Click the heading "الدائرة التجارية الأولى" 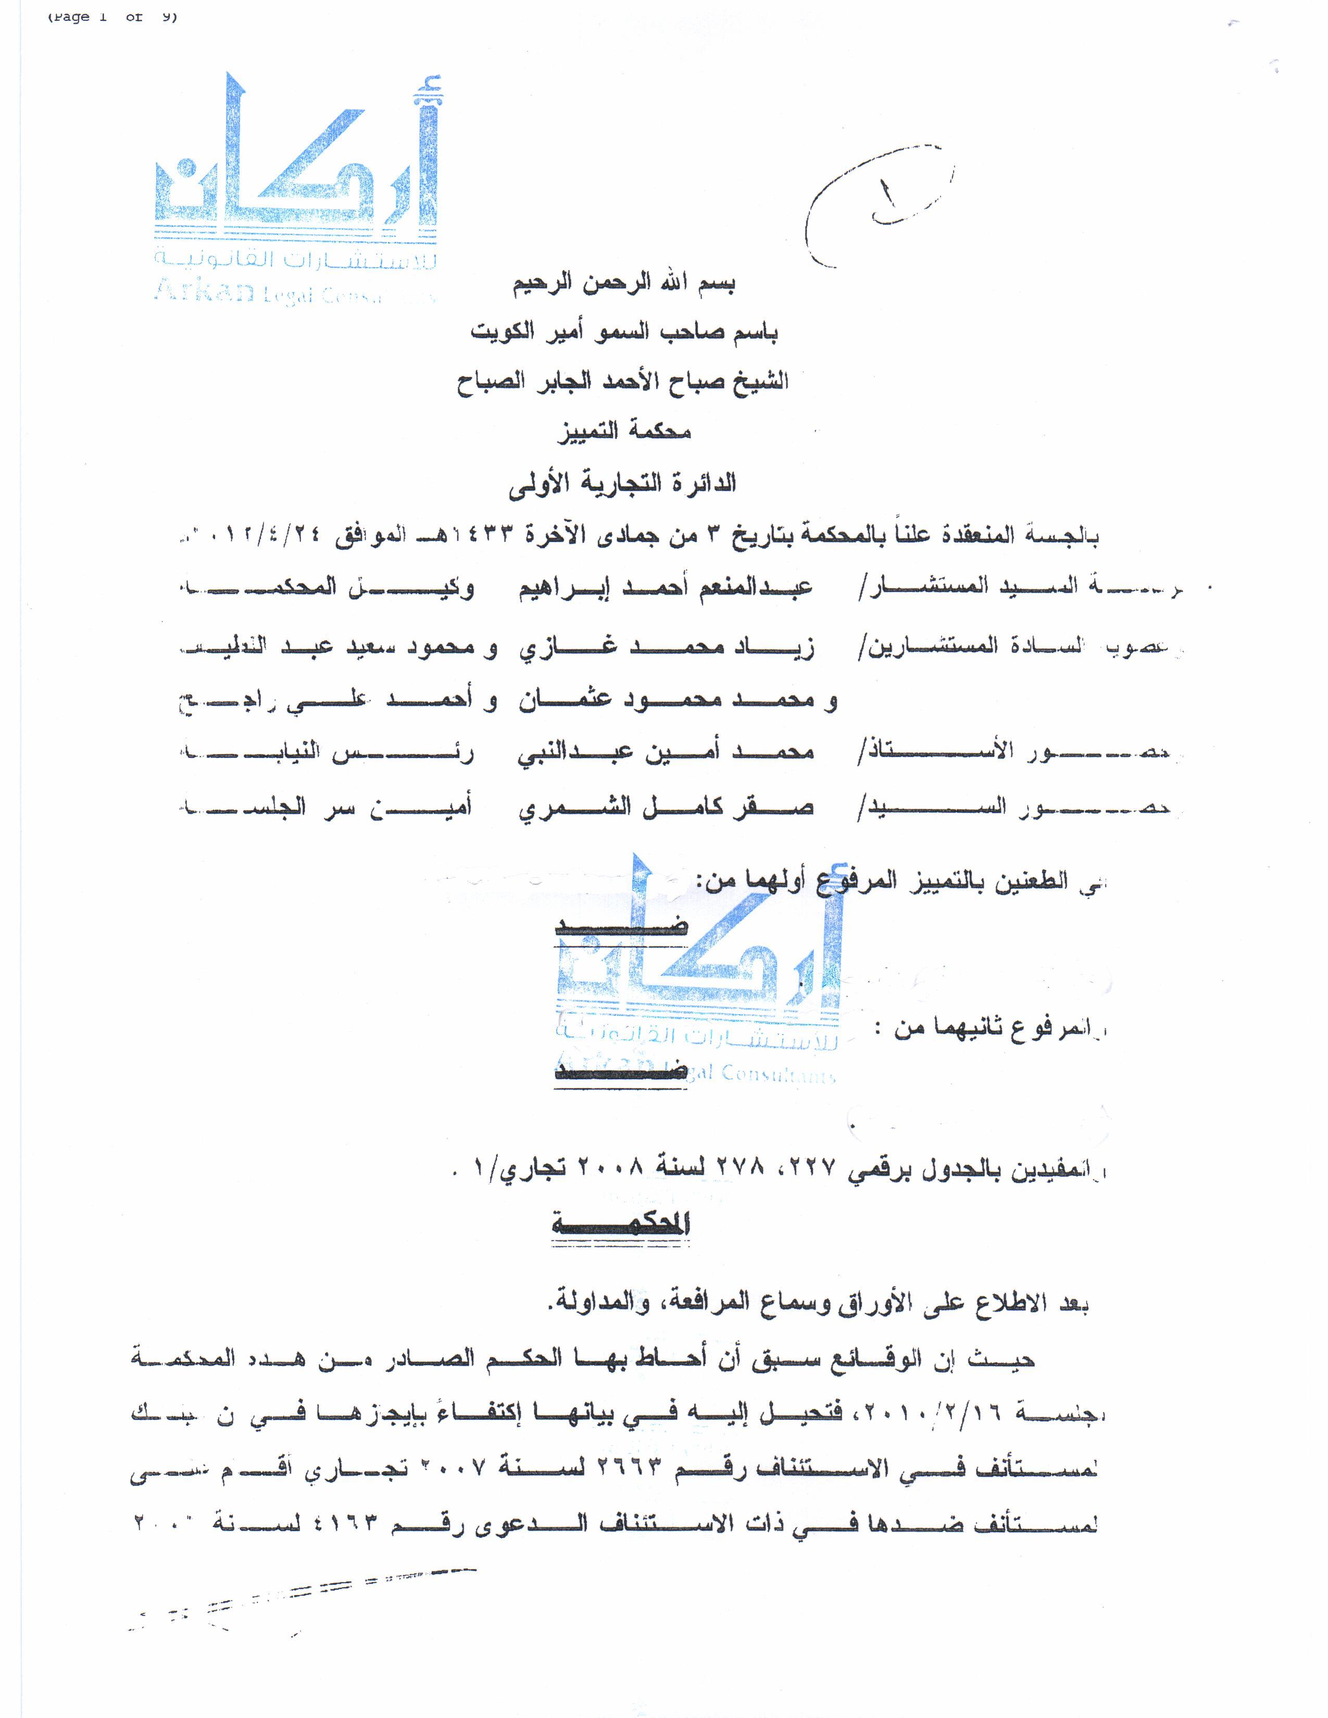(622, 482)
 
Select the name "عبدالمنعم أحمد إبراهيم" (666, 588)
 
